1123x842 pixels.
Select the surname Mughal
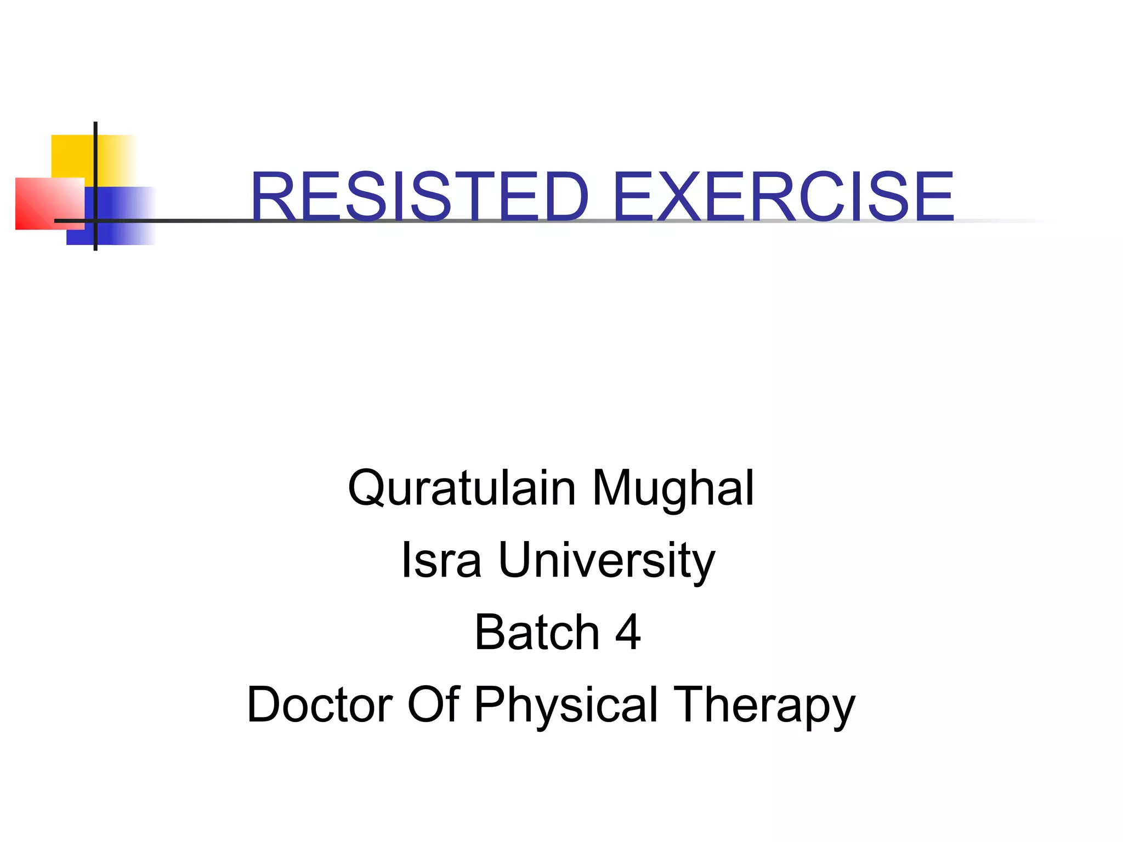click(x=673, y=490)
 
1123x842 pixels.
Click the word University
click(x=606, y=561)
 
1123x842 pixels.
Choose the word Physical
click(x=565, y=706)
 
